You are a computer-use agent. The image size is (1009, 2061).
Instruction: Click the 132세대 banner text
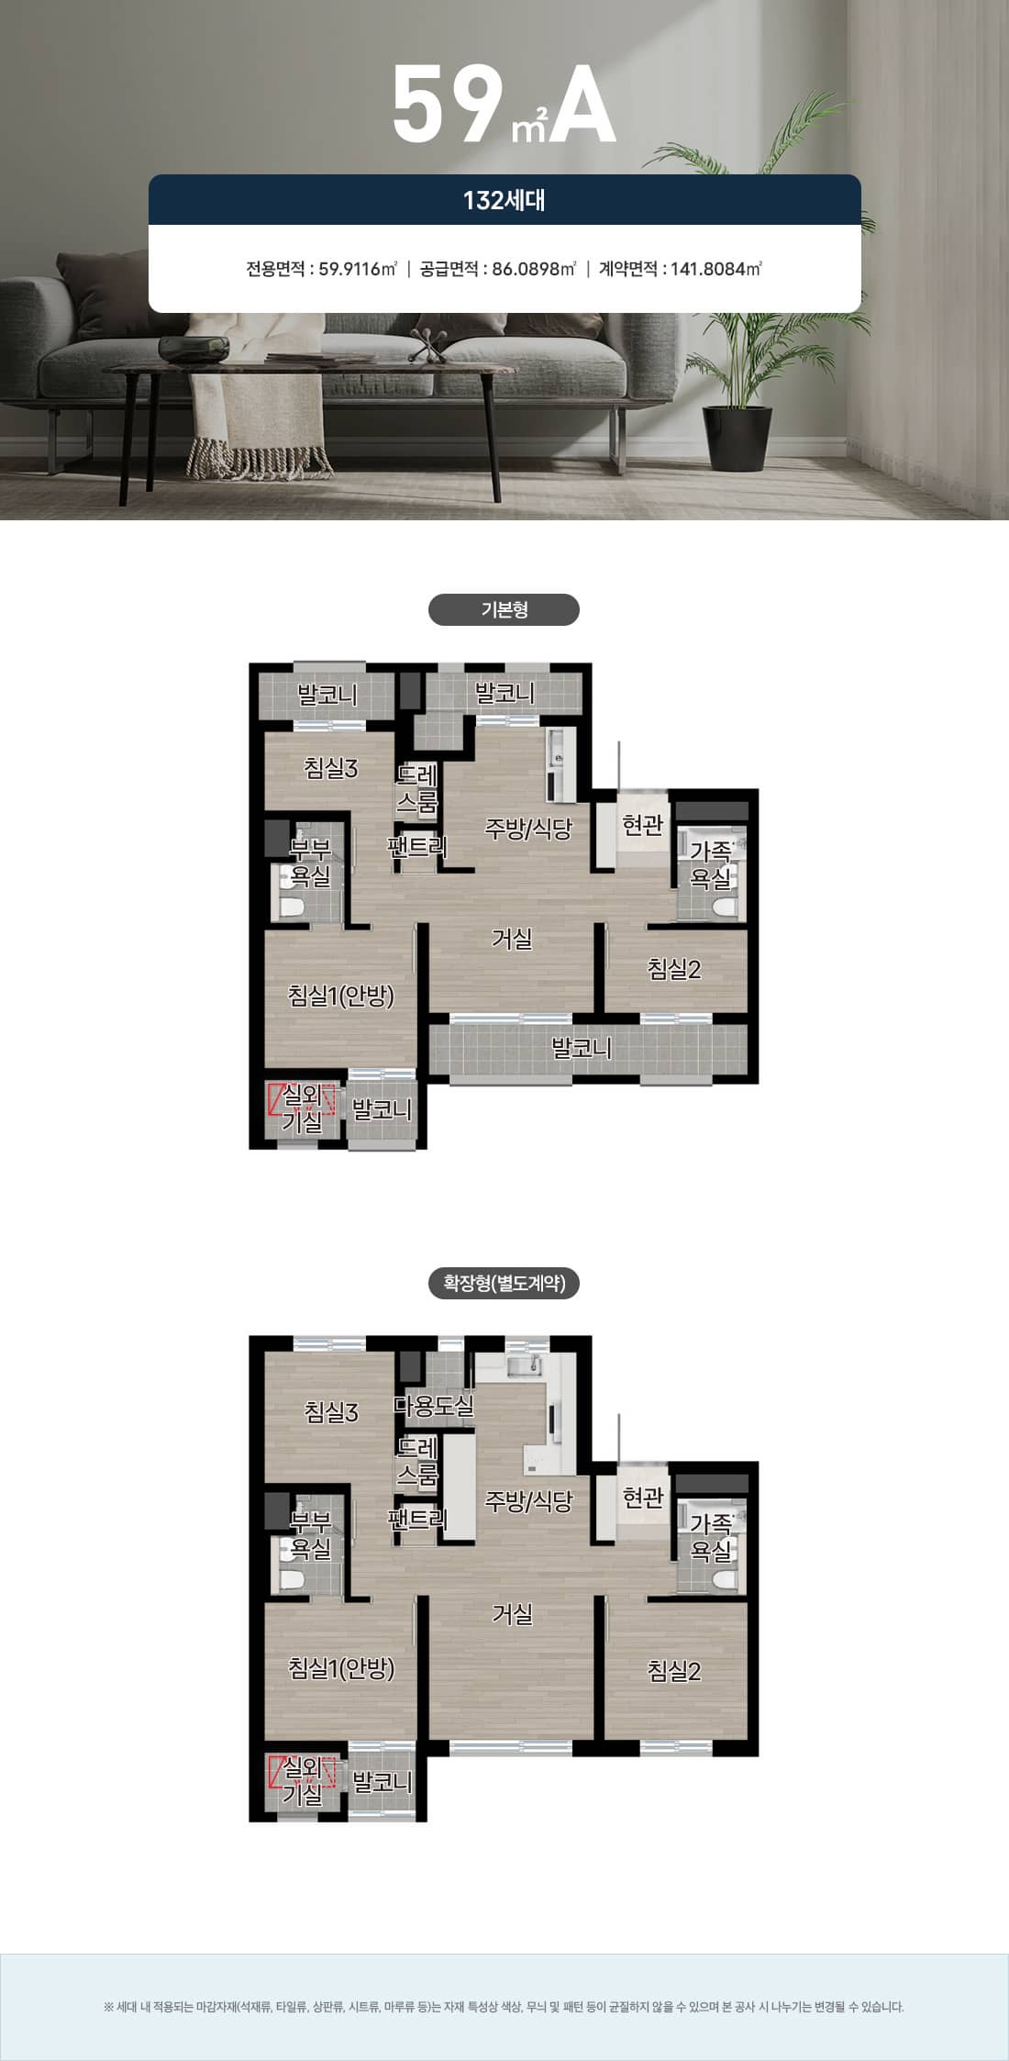click(x=504, y=200)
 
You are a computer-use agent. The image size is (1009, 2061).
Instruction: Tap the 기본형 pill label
click(x=504, y=609)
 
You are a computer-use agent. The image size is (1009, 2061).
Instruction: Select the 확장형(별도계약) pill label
click(x=504, y=1283)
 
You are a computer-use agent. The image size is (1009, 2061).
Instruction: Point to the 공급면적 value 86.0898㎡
click(x=534, y=269)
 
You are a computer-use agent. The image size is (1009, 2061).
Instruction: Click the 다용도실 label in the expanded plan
click(x=434, y=1405)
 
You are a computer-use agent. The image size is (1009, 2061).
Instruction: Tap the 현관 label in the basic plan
click(x=642, y=825)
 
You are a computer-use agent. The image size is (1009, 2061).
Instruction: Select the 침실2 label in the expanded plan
click(x=674, y=1671)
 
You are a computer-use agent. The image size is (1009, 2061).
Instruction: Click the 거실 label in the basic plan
click(x=512, y=939)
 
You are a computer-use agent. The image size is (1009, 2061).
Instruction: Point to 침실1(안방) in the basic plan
click(x=341, y=996)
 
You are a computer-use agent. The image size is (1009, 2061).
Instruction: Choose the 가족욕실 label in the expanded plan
click(x=711, y=1538)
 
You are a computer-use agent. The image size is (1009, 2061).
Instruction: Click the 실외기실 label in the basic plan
click(x=302, y=1108)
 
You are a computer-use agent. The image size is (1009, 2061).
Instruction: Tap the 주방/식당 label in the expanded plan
click(x=528, y=1501)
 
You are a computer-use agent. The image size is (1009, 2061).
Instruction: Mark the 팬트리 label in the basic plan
click(x=416, y=845)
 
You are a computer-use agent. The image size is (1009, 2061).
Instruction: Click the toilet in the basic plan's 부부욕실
click(x=292, y=907)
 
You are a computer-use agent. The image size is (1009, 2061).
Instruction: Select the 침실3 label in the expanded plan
click(x=331, y=1412)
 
